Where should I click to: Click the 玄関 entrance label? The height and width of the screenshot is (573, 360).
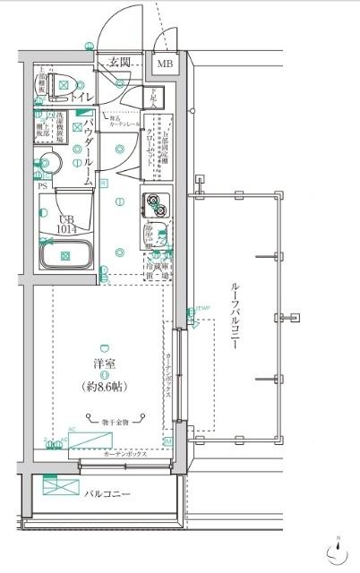coord(120,63)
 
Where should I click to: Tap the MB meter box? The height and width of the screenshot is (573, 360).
coord(166,64)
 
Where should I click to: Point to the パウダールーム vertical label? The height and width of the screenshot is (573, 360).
coord(89,153)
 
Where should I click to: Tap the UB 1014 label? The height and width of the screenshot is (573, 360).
coord(66,224)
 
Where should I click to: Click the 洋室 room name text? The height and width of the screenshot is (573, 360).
coord(105,363)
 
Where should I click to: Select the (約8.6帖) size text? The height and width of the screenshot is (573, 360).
coord(106,387)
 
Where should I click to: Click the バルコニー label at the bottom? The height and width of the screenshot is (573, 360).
coord(109,493)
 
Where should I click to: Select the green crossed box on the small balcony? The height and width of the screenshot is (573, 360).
coord(61,487)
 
